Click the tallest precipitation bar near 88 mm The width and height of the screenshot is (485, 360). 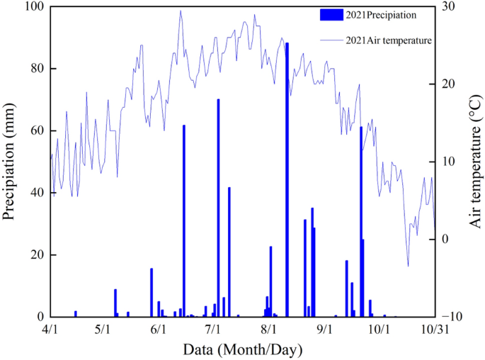tap(287, 177)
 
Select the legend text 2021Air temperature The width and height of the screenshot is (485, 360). tap(389, 40)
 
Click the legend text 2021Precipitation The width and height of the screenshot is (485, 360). tap(381, 14)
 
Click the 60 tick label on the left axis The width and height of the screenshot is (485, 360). tap(35, 131)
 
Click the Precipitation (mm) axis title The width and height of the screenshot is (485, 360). tap(10, 162)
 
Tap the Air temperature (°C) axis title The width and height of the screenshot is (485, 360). tap(476, 162)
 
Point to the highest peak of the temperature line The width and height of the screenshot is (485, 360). tap(181, 11)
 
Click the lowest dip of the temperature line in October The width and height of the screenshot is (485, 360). tap(408, 266)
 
